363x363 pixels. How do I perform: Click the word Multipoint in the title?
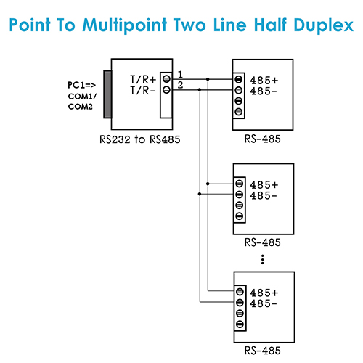(x=125, y=25)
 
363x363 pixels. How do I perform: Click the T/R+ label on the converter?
(x=143, y=79)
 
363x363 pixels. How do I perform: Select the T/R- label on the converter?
(x=143, y=91)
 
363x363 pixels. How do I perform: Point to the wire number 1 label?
(x=180, y=74)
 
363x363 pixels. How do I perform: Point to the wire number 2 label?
(x=180, y=85)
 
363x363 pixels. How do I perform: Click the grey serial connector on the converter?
(x=107, y=94)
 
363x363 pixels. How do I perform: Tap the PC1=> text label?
(x=81, y=85)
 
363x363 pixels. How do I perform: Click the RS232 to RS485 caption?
(x=140, y=139)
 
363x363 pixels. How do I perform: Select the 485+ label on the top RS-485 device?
(x=264, y=80)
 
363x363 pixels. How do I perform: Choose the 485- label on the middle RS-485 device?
(x=264, y=195)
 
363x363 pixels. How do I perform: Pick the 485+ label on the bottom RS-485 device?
(x=264, y=293)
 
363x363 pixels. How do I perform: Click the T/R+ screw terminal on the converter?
(x=166, y=79)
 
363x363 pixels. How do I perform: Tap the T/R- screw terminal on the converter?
(x=166, y=90)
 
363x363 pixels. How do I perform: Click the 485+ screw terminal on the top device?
(x=239, y=79)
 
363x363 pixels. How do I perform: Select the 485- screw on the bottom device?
(x=240, y=302)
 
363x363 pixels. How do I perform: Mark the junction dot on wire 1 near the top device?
(x=208, y=79)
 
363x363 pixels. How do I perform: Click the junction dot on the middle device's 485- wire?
(x=200, y=194)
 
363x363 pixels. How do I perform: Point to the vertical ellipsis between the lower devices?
(x=263, y=259)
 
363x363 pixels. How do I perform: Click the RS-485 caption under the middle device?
(x=263, y=242)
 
